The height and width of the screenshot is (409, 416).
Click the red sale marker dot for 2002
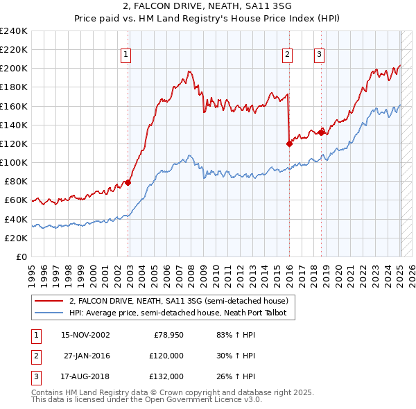click(x=128, y=182)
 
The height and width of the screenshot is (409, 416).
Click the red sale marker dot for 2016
click(x=289, y=143)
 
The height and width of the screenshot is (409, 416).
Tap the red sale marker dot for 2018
click(x=321, y=132)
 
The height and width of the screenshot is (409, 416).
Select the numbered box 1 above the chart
click(x=125, y=55)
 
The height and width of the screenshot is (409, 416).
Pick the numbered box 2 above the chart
click(x=287, y=55)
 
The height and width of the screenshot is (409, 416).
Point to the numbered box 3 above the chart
click(x=319, y=55)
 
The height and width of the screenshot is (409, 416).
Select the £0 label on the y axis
click(x=21, y=256)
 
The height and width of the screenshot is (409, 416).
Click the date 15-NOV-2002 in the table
click(x=85, y=335)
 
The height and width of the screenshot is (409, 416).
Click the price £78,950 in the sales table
click(x=166, y=335)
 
